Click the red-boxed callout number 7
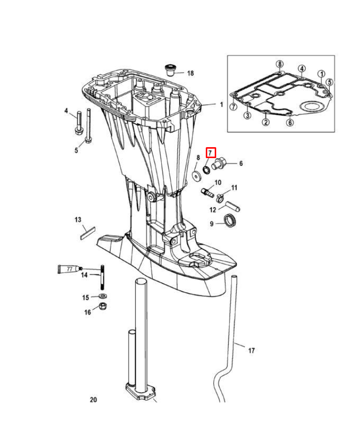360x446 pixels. tap(210, 153)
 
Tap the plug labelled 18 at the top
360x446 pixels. tap(170, 70)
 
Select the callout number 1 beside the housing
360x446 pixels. tap(222, 105)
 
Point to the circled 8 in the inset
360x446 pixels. tap(280, 64)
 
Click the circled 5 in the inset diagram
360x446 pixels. tap(329, 82)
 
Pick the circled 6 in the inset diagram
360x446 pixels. tap(290, 122)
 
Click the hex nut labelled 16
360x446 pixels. tap(103, 307)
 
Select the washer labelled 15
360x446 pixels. tap(103, 296)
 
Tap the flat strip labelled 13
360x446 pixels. tap(88, 232)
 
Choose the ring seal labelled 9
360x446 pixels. tap(230, 221)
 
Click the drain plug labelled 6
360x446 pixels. tap(219, 165)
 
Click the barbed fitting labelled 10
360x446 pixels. tap(207, 193)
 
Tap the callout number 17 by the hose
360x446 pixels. tap(251, 350)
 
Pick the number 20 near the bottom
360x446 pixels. tap(93, 399)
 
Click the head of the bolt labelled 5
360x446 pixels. tap(88, 140)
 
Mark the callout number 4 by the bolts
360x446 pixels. tap(66, 111)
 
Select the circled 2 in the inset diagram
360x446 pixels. tap(265, 122)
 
